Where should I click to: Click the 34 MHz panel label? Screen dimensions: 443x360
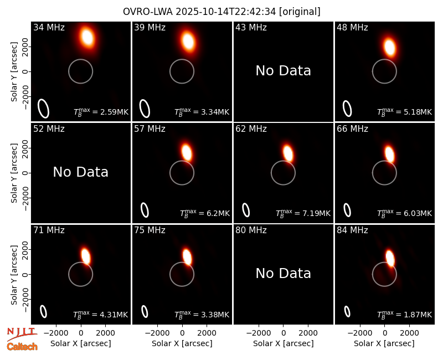[49, 27]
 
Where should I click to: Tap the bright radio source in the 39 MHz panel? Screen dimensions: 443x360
[188, 41]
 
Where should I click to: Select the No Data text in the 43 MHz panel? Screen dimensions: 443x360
[284, 71]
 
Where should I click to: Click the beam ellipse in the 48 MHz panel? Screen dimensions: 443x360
[348, 109]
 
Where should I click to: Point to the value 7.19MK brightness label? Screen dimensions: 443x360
[303, 213]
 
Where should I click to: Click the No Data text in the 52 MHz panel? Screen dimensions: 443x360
[81, 172]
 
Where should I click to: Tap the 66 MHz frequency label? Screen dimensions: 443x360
[352, 129]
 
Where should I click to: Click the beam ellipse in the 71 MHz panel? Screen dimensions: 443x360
[44, 312]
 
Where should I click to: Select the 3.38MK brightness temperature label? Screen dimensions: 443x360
[202, 314]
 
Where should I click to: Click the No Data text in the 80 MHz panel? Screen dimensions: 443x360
[284, 274]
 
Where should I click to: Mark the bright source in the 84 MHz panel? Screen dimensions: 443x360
[390, 258]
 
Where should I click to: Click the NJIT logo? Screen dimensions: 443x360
[22, 333]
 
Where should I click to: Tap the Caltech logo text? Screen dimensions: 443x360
[22, 347]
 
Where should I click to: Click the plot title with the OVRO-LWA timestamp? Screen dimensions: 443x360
[221, 12]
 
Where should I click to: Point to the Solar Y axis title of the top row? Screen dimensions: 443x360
[14, 72]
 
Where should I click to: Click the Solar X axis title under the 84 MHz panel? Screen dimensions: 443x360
[384, 343]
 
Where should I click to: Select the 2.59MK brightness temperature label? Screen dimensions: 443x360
[101, 111]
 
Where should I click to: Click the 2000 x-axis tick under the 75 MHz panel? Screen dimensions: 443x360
[207, 333]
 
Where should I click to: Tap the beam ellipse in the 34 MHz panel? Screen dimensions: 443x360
[44, 109]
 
